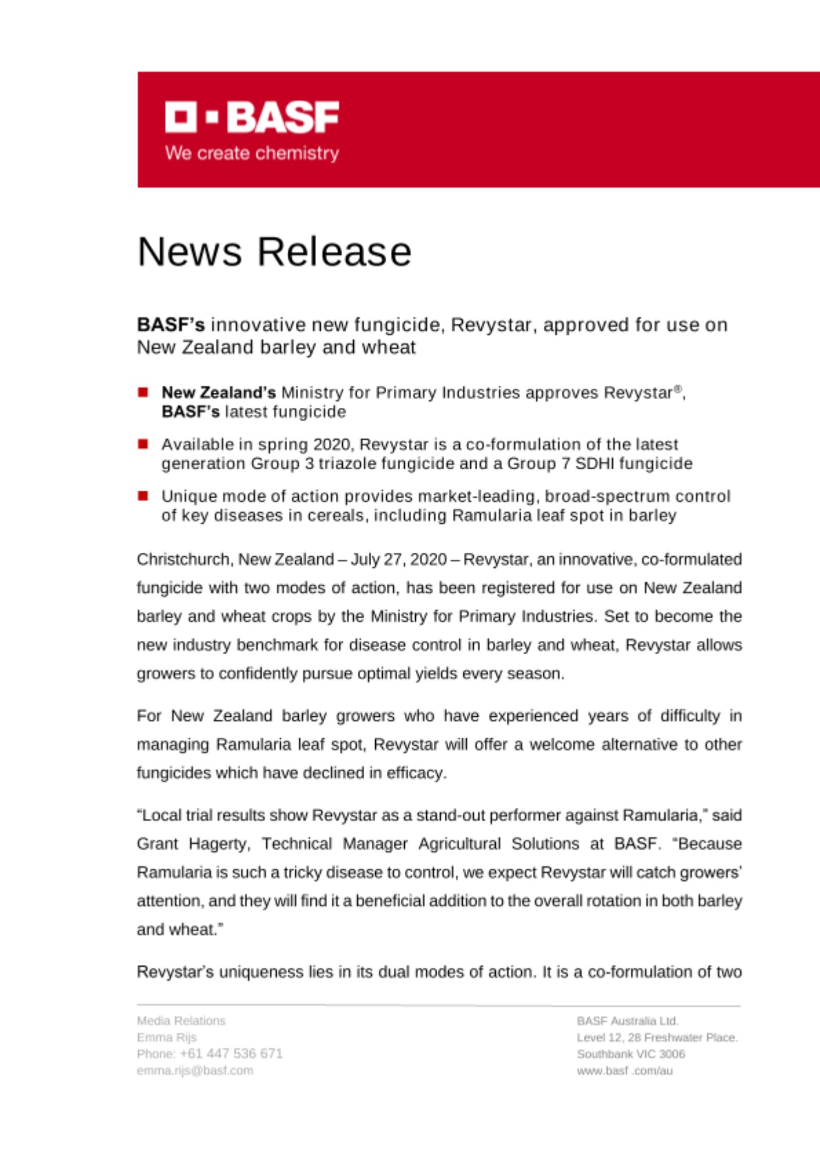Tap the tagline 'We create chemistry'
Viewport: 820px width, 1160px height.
pyautogui.click(x=252, y=153)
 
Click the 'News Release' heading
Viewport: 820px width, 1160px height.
pyautogui.click(x=274, y=252)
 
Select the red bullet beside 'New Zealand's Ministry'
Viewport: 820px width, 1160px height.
pyautogui.click(x=143, y=393)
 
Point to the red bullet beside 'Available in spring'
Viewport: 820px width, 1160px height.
pyautogui.click(x=143, y=444)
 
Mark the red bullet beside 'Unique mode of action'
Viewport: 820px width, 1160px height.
pyautogui.click(x=143, y=496)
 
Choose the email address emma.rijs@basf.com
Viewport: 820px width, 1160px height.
pyautogui.click(x=195, y=1071)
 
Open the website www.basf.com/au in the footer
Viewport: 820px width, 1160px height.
pyautogui.click(x=625, y=1071)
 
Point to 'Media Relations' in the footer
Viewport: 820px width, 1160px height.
pyautogui.click(x=181, y=1021)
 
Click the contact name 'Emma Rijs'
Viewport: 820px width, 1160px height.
pyautogui.click(x=166, y=1037)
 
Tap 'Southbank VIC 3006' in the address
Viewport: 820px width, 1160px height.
pyautogui.click(x=630, y=1054)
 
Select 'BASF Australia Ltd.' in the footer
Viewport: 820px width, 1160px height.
pyautogui.click(x=627, y=1021)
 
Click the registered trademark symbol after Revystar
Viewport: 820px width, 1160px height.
pyautogui.click(x=677, y=389)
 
